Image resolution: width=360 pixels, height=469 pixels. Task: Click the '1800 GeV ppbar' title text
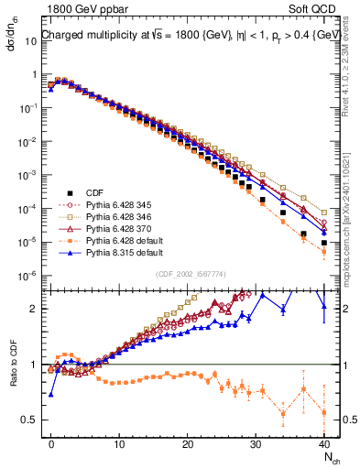79,9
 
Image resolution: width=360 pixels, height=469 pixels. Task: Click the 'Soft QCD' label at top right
314,9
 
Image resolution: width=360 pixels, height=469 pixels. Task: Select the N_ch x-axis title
326,458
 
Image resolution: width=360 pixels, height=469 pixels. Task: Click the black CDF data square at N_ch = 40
324,243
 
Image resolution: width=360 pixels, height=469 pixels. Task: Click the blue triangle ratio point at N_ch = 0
51,394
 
